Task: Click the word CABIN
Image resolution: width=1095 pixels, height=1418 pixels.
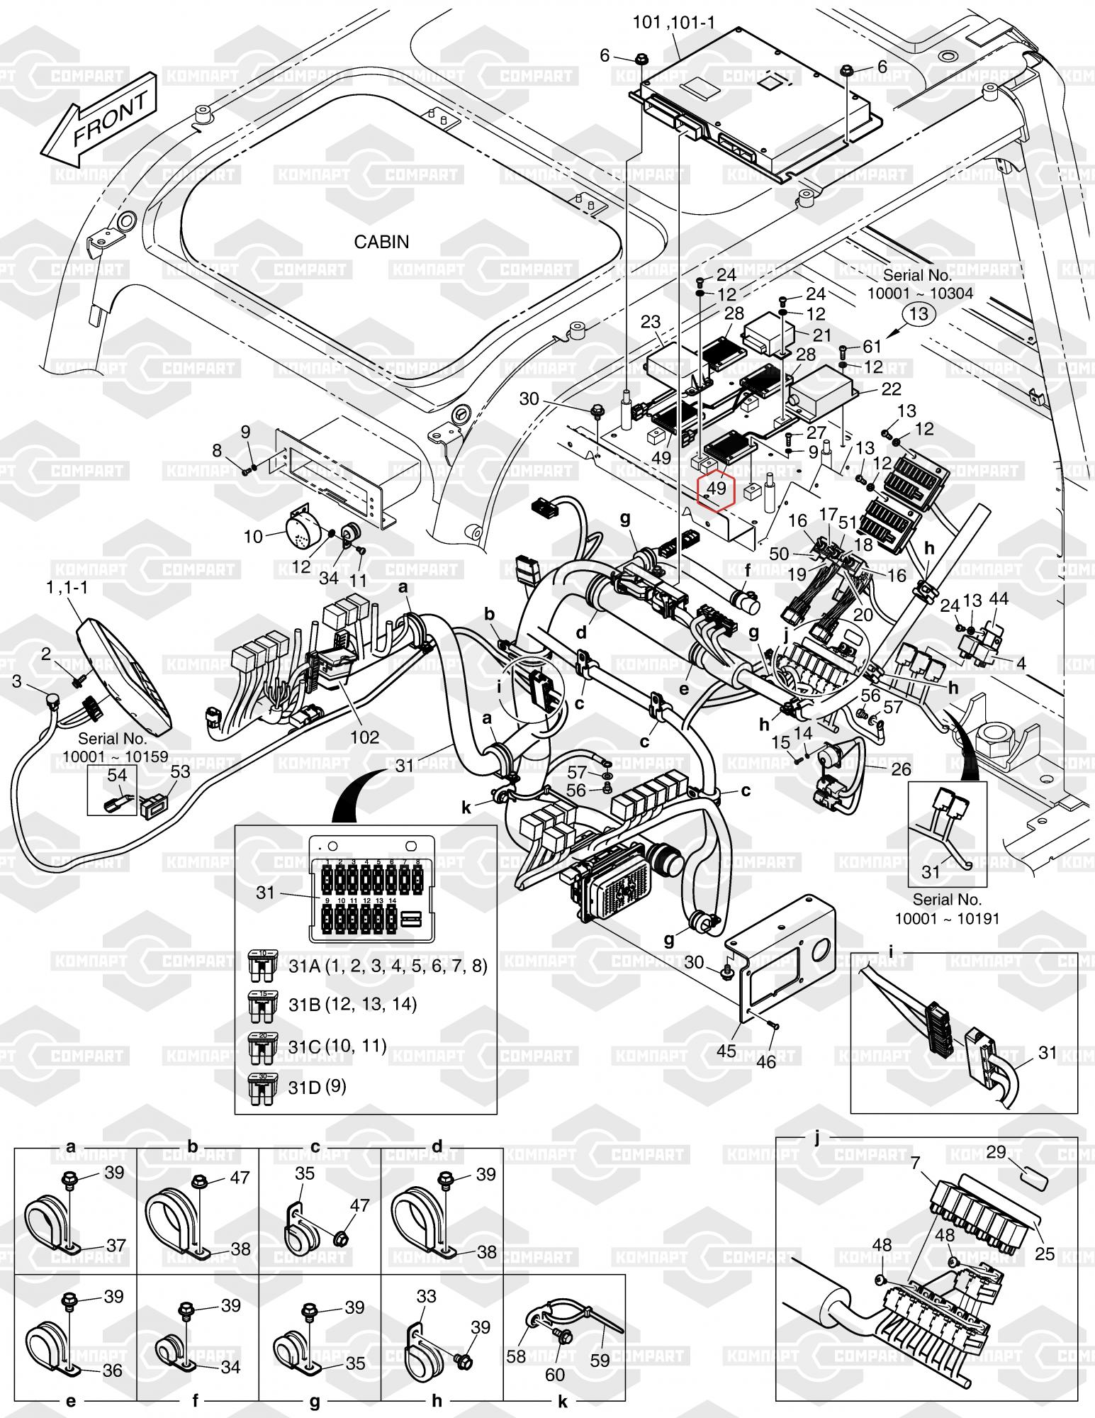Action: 381,242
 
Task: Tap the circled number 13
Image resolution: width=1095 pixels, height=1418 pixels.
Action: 918,314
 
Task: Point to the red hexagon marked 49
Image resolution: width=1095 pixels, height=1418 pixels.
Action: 717,489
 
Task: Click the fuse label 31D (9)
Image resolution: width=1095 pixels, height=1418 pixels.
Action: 317,1086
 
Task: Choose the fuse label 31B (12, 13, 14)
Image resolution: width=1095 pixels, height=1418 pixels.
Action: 352,1004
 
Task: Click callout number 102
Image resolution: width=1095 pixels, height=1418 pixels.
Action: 364,737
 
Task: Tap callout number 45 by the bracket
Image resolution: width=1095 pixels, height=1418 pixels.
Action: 726,1050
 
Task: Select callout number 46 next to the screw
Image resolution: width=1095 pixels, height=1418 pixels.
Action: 767,1061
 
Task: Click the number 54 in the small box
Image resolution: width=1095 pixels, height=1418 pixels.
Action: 117,776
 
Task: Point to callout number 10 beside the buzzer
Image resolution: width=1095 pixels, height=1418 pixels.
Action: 253,537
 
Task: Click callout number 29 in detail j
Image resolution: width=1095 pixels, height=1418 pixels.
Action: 996,1151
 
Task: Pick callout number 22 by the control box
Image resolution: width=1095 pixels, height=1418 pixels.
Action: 891,389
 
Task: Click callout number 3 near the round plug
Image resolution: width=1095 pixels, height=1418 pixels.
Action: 17,681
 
